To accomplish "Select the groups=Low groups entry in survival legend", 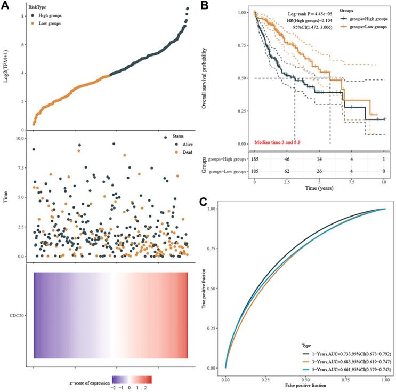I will (369, 26).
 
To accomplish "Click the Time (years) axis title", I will (319, 189).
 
